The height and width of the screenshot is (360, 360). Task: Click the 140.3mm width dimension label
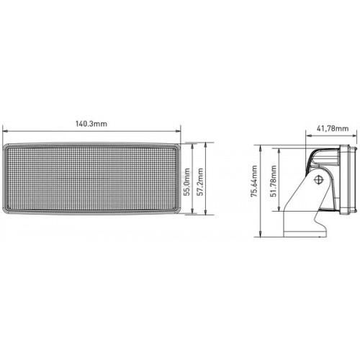[91, 124]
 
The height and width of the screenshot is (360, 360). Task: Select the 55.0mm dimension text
[187, 182]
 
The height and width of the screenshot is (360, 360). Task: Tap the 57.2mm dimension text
[200, 181]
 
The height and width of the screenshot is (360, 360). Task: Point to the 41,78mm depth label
[333, 129]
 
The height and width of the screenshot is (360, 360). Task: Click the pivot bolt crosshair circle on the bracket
[319, 179]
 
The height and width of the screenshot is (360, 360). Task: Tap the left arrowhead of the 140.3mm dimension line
[5, 131]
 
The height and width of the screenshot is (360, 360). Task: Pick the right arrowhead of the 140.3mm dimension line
[178, 131]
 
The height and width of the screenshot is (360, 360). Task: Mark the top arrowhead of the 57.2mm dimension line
[205, 145]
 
